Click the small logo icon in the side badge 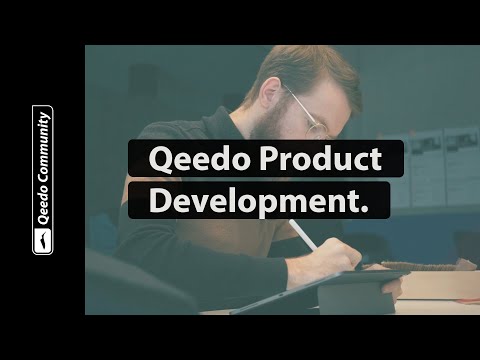pyautogui.click(x=43, y=240)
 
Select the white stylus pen pyautogui.click(x=304, y=236)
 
